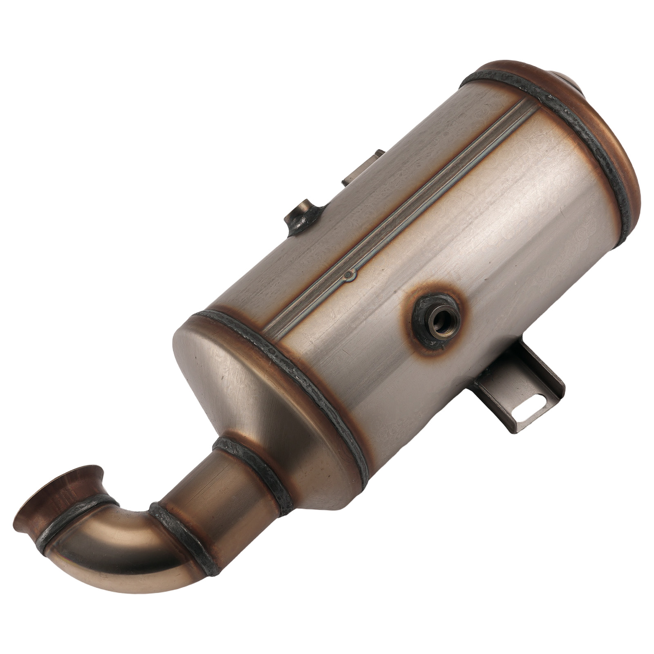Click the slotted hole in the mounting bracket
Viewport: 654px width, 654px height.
point(528,413)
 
